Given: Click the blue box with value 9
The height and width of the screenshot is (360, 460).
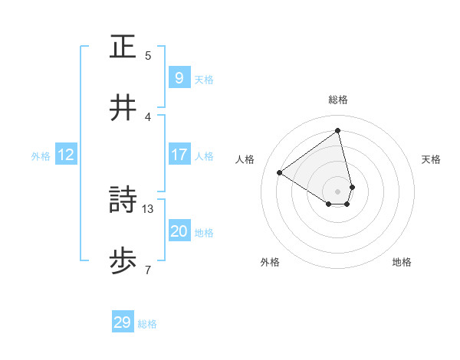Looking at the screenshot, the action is click(x=179, y=77).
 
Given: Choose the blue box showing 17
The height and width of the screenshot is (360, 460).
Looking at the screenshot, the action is click(x=179, y=155).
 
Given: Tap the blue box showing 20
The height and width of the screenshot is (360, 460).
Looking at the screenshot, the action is click(x=179, y=231).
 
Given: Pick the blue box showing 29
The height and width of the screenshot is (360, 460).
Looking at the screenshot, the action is click(x=123, y=322).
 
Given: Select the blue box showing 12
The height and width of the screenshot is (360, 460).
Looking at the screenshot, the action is click(x=66, y=155).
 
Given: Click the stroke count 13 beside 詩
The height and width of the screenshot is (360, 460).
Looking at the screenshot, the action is click(x=149, y=208).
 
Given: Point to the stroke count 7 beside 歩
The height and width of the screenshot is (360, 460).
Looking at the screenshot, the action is click(x=147, y=270).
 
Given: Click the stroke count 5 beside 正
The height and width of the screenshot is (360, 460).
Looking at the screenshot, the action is click(x=148, y=56).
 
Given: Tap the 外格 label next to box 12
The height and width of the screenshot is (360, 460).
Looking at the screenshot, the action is click(x=41, y=156).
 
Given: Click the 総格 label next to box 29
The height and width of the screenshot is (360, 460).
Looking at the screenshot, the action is click(x=147, y=324).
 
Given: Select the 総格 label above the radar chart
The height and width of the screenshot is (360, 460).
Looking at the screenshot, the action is click(x=338, y=100).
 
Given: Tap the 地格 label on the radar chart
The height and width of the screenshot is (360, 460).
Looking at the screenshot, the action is click(x=402, y=262).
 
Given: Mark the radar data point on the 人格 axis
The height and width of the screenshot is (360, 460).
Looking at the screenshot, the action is click(x=280, y=173).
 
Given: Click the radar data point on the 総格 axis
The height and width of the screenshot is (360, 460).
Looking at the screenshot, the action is click(x=338, y=130).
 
